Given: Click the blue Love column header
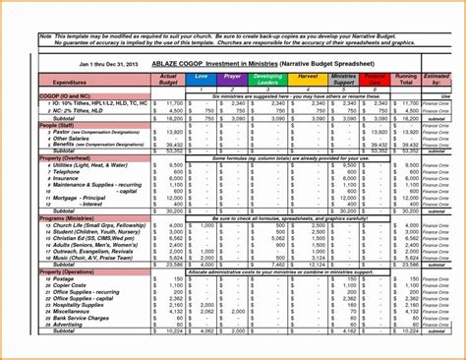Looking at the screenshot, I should [202, 76].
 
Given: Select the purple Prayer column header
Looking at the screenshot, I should [233, 76].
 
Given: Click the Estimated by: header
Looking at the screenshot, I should [439, 79].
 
